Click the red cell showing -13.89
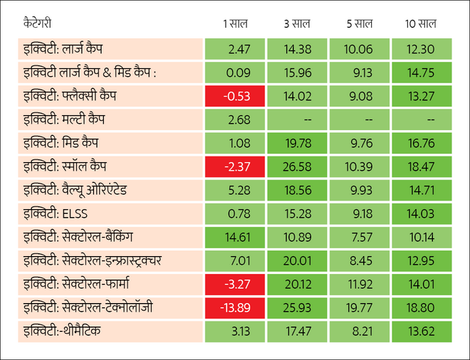235,307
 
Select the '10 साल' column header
421,24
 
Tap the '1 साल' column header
234,24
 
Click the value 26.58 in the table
298,166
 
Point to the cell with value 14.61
235,237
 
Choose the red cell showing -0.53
235,96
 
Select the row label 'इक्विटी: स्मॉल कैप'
68,166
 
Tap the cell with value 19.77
359,307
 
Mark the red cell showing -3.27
235,284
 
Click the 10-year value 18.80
421,307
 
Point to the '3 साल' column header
297,24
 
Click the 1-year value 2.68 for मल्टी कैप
235,120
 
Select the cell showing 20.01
298,260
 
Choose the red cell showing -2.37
235,166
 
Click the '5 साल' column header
359,24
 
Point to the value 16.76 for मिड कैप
421,143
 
